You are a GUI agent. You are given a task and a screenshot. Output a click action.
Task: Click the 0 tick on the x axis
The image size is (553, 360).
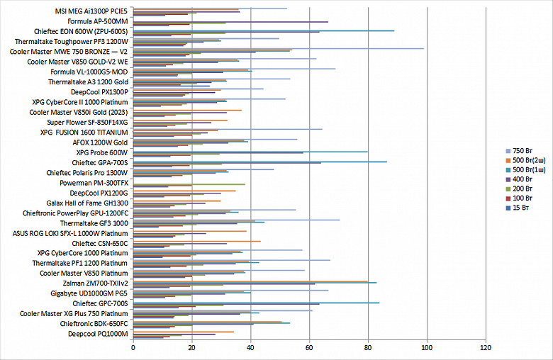coord(133,349)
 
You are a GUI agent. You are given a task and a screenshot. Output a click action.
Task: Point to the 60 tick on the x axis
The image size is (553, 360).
coord(308,349)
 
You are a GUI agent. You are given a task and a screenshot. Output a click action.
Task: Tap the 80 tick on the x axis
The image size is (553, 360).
coord(367,349)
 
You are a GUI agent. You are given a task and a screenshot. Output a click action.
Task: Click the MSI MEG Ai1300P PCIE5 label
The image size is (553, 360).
coord(91,11)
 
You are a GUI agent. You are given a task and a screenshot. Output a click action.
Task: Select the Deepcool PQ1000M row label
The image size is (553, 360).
coord(98,333)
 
